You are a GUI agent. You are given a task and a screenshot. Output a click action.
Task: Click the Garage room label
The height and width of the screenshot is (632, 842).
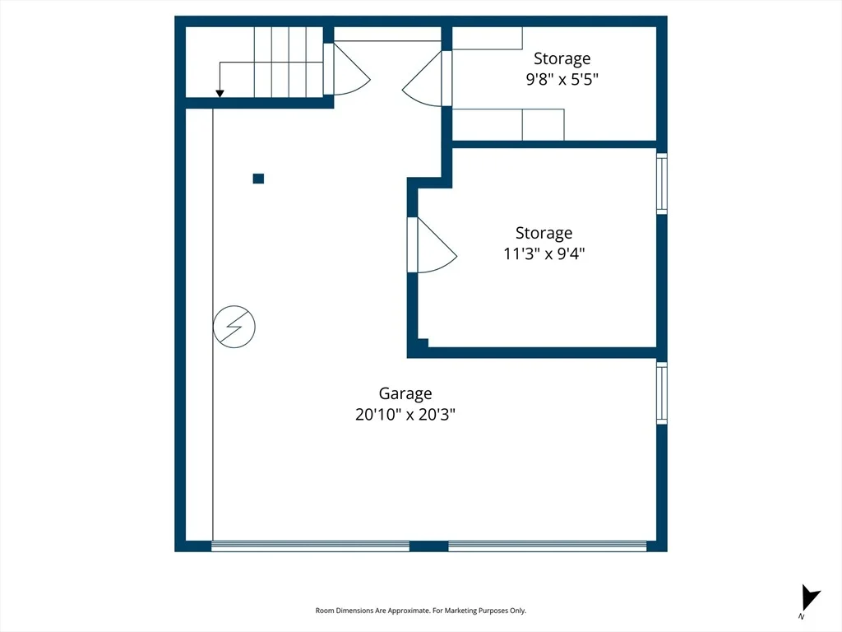point(405,394)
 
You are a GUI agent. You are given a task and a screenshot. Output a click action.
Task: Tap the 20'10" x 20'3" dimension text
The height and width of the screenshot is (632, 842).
point(405,415)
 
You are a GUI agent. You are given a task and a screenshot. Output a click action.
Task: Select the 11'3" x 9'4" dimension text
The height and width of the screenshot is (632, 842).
point(544,253)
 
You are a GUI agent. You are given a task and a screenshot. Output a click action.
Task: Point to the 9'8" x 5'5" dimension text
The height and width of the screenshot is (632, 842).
point(562,79)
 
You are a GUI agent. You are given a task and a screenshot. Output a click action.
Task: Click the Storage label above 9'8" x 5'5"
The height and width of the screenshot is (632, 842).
point(562,58)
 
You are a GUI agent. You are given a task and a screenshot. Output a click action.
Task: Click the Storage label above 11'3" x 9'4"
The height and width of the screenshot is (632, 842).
point(544,233)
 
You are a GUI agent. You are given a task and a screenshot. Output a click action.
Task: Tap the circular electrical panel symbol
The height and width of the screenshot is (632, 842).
point(234,327)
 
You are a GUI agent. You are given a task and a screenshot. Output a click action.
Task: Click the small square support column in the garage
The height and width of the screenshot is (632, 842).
point(258,179)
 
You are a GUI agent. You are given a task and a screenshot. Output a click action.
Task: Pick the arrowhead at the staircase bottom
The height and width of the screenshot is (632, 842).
point(220,94)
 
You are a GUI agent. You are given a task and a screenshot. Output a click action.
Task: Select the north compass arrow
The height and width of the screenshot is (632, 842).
point(810,597)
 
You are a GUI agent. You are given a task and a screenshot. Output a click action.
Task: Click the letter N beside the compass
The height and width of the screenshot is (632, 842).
point(801,616)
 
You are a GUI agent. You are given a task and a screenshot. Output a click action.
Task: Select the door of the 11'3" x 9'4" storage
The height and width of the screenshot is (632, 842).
point(433,245)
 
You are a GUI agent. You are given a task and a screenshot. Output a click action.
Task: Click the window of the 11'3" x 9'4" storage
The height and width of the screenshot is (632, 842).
point(662,184)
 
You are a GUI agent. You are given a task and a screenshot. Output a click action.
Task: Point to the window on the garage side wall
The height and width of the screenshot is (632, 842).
point(662,393)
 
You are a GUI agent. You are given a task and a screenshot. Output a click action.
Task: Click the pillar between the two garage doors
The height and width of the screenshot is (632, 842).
point(429,546)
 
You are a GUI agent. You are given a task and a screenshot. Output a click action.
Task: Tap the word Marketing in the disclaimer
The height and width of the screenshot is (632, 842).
point(461,611)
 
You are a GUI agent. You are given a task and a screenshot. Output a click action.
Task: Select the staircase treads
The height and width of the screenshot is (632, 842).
point(289,62)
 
